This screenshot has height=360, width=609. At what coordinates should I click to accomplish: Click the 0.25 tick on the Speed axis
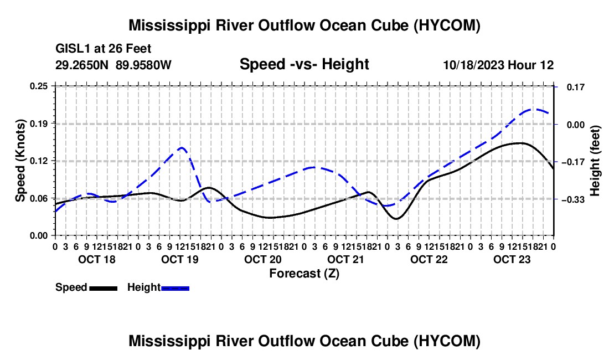[x=39, y=86]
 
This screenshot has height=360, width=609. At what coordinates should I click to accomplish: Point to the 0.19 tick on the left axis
[x=39, y=124]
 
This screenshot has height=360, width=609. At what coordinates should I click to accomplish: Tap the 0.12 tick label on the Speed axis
[x=39, y=161]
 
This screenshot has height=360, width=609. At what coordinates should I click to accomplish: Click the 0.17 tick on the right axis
[x=576, y=87]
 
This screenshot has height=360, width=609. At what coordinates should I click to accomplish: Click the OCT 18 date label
[x=97, y=259]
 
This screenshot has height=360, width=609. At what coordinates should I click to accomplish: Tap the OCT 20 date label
[x=263, y=259]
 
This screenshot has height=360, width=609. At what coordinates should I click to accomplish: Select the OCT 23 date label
[x=512, y=259]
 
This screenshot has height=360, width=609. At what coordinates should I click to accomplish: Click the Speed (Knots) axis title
[x=20, y=161]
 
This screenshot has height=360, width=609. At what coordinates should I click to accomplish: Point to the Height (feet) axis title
[x=595, y=161]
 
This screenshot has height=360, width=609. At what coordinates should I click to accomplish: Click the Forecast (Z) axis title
[x=304, y=274]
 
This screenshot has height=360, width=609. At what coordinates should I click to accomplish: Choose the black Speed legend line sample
[x=104, y=288]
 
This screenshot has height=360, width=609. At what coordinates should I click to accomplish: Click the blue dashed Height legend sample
[x=175, y=288]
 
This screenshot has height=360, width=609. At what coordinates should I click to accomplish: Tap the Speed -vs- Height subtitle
[x=304, y=64]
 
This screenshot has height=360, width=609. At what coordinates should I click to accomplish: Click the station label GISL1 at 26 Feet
[x=104, y=49]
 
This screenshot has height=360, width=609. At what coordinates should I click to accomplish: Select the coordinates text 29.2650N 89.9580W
[x=113, y=65]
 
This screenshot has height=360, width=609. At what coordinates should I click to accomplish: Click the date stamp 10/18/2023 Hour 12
[x=499, y=65]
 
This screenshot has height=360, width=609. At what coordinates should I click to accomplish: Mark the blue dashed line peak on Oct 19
[x=181, y=147]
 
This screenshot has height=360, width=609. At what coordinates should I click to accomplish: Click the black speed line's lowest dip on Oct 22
[x=396, y=219]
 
